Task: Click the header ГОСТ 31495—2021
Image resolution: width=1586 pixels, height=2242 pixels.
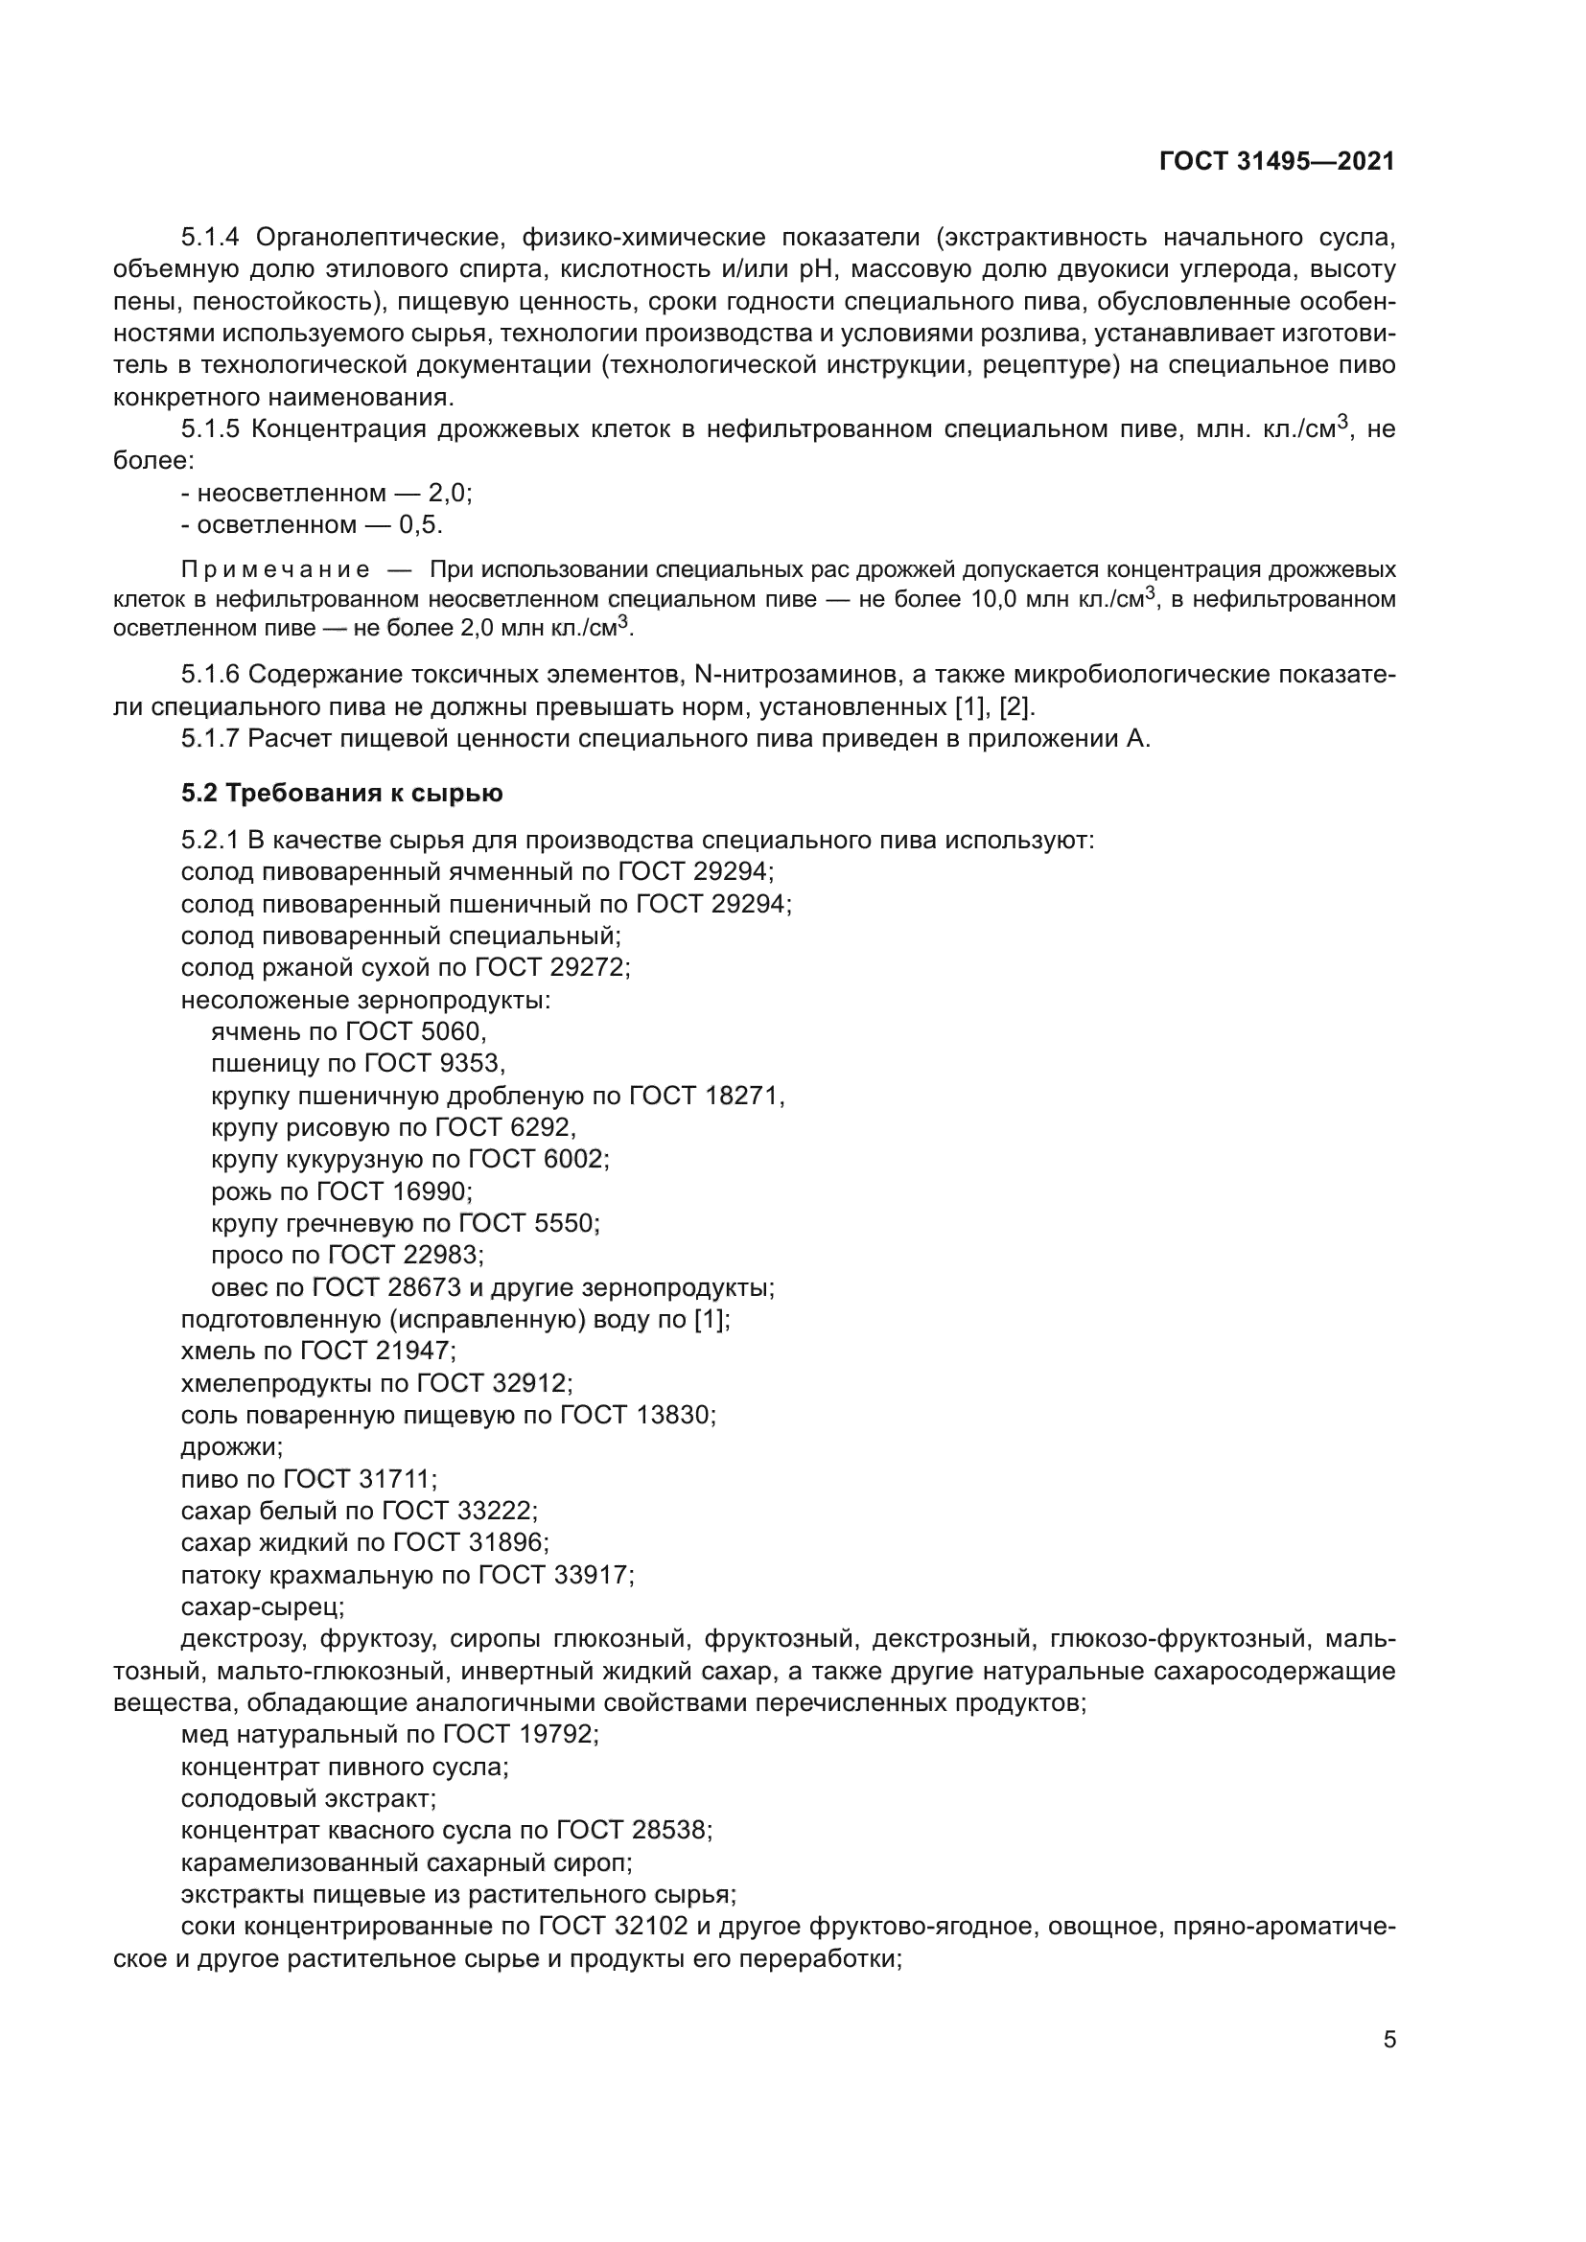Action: click(1276, 161)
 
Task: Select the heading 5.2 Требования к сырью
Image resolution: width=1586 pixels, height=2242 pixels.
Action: click(341, 793)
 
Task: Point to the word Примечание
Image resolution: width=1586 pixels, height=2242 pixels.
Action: click(275, 569)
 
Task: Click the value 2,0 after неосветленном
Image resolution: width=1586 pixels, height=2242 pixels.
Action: click(448, 493)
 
